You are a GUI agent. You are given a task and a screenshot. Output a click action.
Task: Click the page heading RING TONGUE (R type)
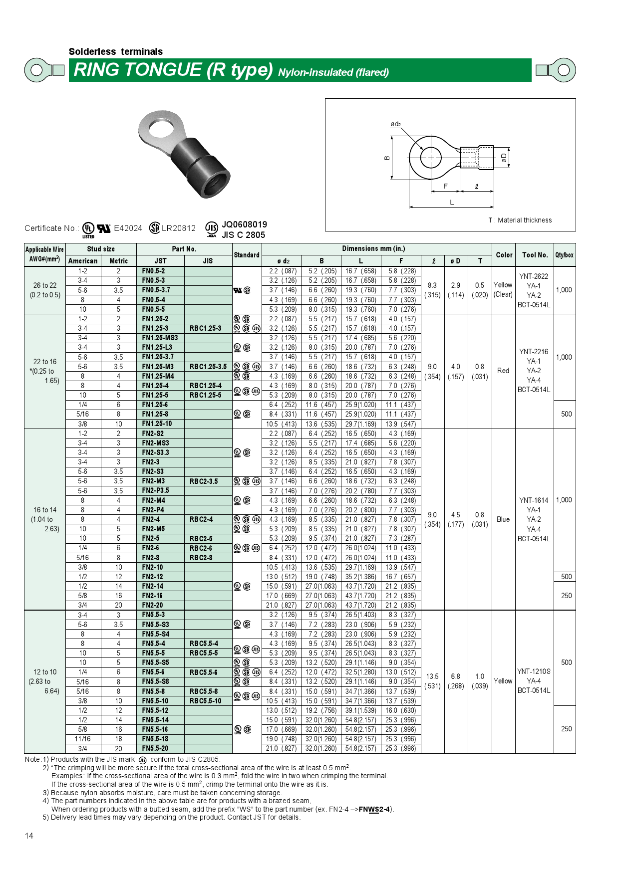(173, 70)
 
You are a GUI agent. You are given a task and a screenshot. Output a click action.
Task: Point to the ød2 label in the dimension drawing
(396, 124)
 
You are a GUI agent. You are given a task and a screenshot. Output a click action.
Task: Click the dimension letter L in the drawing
(452, 202)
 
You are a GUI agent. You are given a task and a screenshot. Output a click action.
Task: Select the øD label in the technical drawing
(504, 158)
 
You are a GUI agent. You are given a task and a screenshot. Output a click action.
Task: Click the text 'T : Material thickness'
(520, 220)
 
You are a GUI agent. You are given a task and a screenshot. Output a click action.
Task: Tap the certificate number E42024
(128, 228)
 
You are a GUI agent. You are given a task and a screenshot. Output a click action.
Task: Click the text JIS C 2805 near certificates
(243, 235)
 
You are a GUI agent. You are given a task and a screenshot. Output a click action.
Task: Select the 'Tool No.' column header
(535, 255)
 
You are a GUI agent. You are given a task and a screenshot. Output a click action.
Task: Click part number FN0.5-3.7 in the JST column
(156, 290)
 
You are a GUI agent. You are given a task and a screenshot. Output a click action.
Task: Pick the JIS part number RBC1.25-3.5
(208, 367)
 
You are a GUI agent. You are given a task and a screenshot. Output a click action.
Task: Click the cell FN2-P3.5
(155, 491)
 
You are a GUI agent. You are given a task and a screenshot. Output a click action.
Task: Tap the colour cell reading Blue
(503, 519)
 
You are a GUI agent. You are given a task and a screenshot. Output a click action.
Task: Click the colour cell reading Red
(503, 371)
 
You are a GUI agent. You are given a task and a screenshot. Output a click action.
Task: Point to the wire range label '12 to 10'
(45, 672)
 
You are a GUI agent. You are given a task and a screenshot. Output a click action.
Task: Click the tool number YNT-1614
(534, 500)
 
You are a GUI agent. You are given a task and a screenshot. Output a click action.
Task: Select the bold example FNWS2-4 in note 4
(374, 809)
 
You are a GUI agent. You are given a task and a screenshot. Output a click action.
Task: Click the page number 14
(29, 836)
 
